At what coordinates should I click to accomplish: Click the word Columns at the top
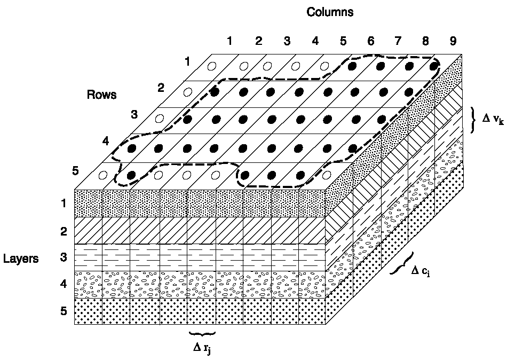[x=329, y=12]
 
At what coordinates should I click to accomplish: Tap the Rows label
[x=101, y=95]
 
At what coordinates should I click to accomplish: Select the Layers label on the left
[x=21, y=259]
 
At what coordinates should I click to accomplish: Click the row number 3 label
[x=135, y=114]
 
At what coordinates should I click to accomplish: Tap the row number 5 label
[x=76, y=171]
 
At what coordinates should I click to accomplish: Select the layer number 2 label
[x=64, y=231]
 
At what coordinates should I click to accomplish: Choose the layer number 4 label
[x=64, y=284]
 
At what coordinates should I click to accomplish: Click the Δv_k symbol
[x=493, y=120]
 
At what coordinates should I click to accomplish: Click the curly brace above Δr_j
[x=202, y=334]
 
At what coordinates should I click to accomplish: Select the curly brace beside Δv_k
[x=474, y=120]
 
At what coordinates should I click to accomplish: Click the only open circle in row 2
[x=187, y=92]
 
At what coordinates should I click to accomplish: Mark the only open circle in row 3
[x=159, y=118]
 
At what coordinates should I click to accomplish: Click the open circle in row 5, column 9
[x=327, y=174]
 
